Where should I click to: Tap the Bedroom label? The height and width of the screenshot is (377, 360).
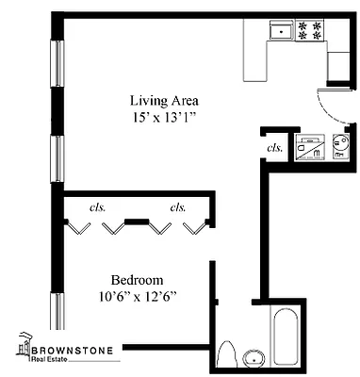(x=137, y=280)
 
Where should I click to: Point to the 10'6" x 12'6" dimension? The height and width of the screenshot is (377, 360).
(x=138, y=297)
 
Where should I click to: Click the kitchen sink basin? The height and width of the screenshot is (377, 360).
(x=280, y=32)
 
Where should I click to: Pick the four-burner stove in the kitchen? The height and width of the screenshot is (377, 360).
(x=310, y=30)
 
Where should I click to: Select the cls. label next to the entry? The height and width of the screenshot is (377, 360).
(x=275, y=147)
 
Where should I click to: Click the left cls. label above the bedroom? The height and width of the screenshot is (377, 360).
(x=96, y=207)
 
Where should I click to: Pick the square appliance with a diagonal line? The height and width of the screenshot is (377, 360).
(x=308, y=146)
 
